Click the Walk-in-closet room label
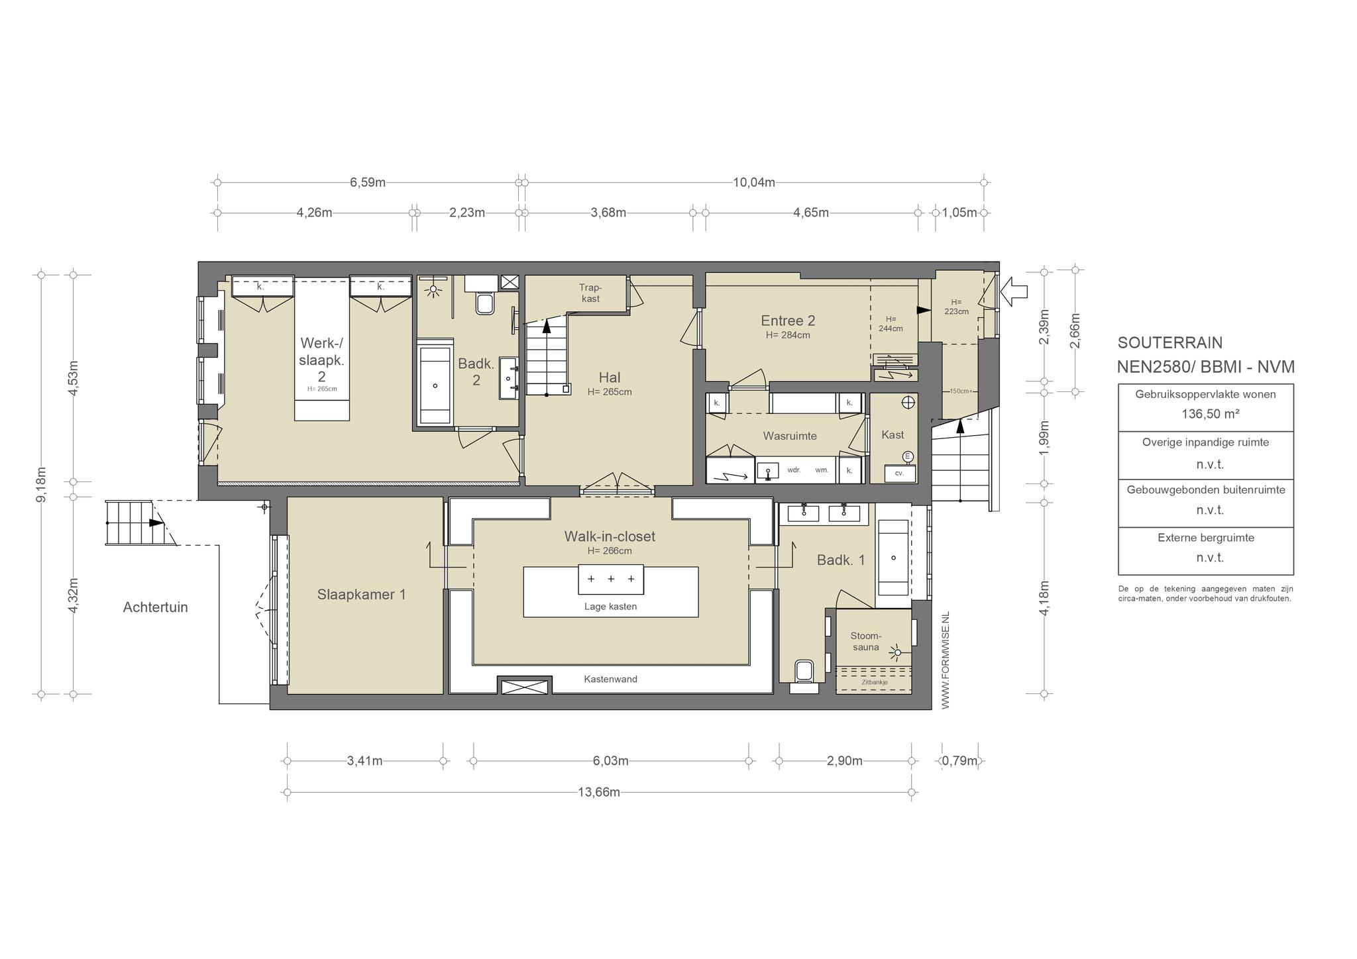pyautogui.click(x=610, y=536)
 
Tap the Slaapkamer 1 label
pyautogui.click(x=362, y=594)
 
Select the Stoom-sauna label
pyautogui.click(x=866, y=642)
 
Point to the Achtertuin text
pyautogui.click(x=156, y=607)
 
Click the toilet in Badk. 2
pyautogui.click(x=485, y=304)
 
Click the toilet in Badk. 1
pyautogui.click(x=804, y=671)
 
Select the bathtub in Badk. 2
pyautogui.click(x=435, y=385)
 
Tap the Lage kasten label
pyautogui.click(x=610, y=606)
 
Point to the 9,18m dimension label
pyautogui.click(x=41, y=485)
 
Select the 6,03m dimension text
pyautogui.click(x=610, y=761)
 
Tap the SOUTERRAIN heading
pyautogui.click(x=1170, y=342)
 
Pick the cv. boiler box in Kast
pyautogui.click(x=900, y=473)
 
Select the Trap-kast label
pyautogui.click(x=590, y=293)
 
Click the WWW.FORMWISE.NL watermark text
pyautogui.click(x=946, y=660)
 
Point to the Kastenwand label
pyautogui.click(x=610, y=679)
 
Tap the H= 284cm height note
pyautogui.click(x=788, y=335)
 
